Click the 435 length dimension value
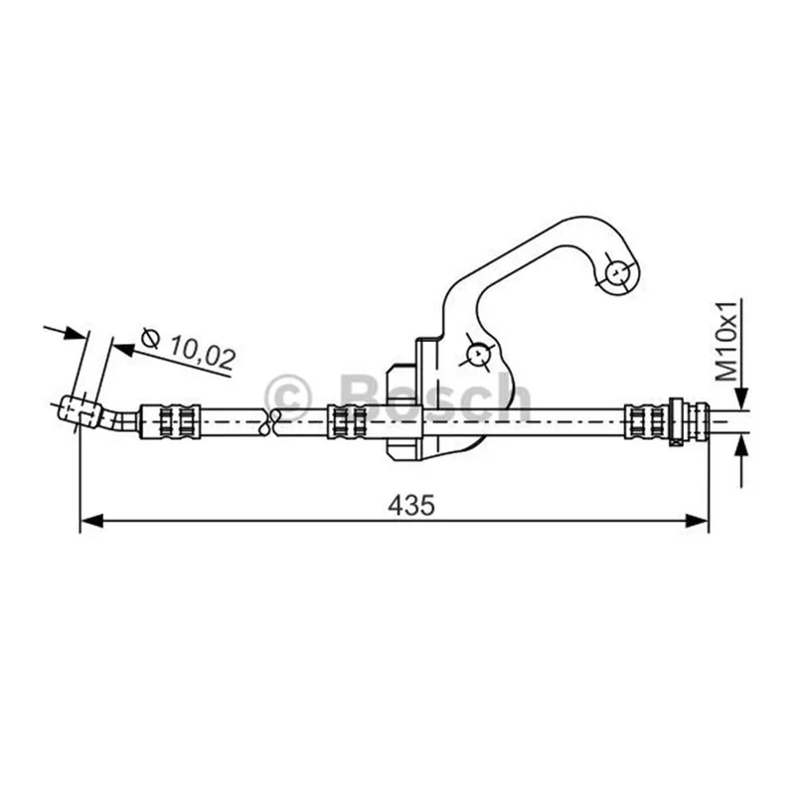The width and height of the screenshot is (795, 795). [411, 505]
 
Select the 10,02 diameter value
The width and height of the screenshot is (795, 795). [203, 352]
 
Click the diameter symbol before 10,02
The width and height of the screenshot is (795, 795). [151, 338]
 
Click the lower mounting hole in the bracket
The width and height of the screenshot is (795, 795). [478, 355]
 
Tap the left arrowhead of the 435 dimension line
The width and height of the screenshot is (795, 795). [91, 521]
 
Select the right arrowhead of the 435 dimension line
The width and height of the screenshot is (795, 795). [697, 521]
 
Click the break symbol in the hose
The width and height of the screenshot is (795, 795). [268, 421]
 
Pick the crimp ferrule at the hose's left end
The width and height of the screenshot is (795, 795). [170, 421]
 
